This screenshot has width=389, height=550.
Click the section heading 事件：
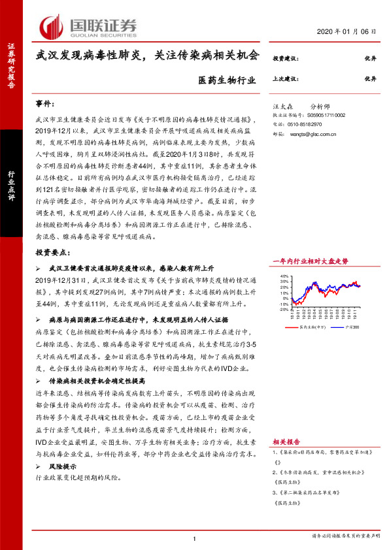point(46,104)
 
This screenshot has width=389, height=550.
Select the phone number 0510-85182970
point(303,123)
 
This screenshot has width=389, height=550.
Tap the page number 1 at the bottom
point(195,538)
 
